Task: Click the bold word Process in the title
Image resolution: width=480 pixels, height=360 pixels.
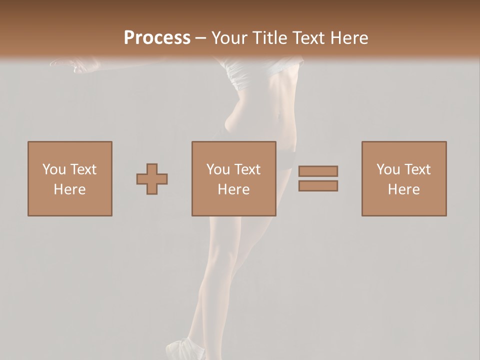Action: tap(157, 38)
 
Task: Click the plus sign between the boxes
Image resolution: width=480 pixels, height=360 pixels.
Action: tap(152, 179)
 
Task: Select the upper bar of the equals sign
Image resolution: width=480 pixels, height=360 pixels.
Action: tap(318, 171)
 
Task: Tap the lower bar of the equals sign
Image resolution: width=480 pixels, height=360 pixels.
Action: tap(318, 186)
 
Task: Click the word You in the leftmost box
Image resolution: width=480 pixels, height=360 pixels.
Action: tap(54, 169)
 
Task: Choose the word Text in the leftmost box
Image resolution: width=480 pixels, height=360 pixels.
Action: tap(82, 169)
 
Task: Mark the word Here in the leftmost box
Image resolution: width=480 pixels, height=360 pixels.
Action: tap(69, 189)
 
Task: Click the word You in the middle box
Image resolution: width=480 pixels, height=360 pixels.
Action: tap(218, 169)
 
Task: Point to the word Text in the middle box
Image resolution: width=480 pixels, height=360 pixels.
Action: tap(246, 169)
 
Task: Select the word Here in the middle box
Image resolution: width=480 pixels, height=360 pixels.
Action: tap(233, 189)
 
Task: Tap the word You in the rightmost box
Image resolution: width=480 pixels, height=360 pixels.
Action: tap(388, 169)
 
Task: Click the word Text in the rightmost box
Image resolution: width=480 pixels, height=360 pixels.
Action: tap(416, 169)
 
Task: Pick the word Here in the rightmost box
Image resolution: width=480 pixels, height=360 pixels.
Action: tap(403, 189)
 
